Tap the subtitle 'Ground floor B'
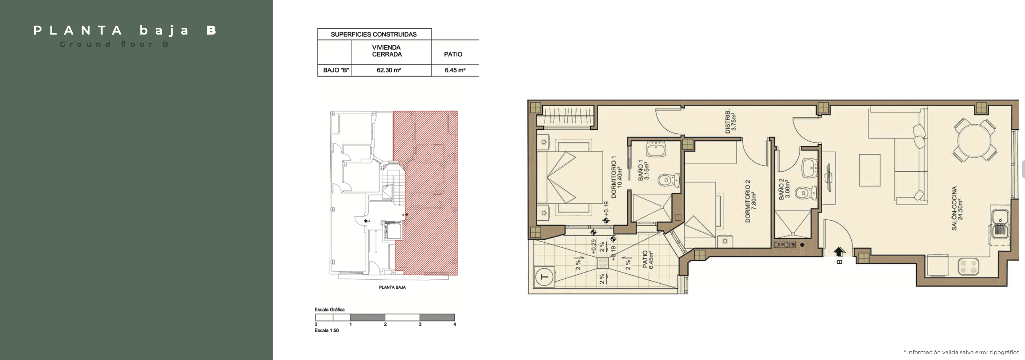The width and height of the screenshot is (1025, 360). (x=115, y=44)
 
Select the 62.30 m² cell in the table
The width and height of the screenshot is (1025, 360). (x=389, y=70)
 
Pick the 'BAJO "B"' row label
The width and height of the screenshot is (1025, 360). (x=336, y=70)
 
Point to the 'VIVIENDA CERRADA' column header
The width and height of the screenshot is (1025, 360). (x=387, y=51)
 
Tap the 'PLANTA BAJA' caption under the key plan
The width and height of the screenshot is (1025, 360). (x=392, y=287)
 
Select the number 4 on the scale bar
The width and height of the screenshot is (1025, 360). (x=455, y=324)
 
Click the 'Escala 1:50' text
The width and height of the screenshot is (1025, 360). (x=327, y=330)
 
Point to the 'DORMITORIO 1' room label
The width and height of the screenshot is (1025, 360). (x=614, y=177)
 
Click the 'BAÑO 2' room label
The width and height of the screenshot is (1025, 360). (x=782, y=189)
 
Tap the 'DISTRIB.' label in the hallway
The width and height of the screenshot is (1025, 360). (x=728, y=121)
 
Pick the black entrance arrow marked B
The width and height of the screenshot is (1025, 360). (x=839, y=252)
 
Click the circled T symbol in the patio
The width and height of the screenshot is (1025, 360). (x=544, y=277)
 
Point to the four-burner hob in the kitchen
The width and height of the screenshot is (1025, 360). (x=968, y=266)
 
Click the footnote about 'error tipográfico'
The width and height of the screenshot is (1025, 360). (x=961, y=352)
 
